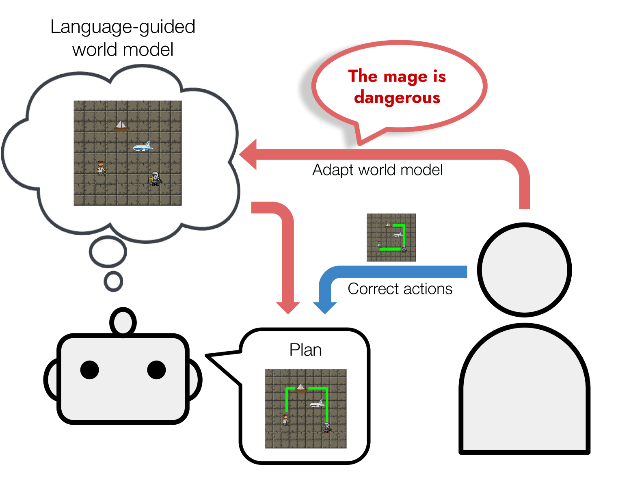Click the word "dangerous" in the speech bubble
point(397,98)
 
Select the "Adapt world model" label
point(377,170)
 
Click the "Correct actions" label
point(400,289)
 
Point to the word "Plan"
point(305,350)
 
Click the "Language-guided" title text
point(123,27)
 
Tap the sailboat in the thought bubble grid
point(121,126)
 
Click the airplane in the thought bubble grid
point(143,147)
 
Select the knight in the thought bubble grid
point(155,179)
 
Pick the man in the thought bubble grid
point(101,168)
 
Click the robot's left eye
point(90,370)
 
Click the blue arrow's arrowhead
point(324,308)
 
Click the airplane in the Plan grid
point(317,404)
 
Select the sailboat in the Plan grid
point(300,389)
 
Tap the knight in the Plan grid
point(326,428)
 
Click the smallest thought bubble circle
point(113,281)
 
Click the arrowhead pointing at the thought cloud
point(248,154)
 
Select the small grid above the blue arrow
point(391,238)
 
